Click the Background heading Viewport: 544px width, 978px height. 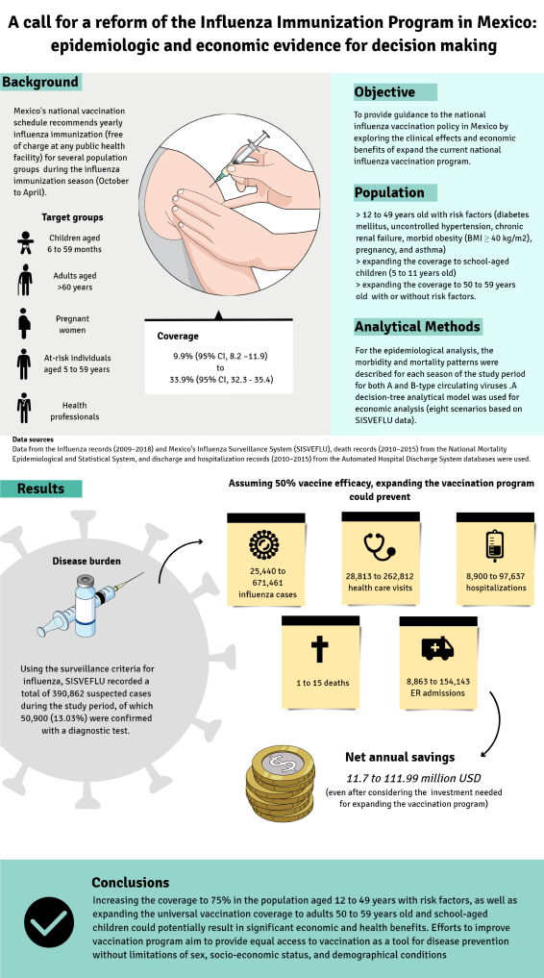pyautogui.click(x=40, y=82)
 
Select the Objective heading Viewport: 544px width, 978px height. pyautogui.click(x=384, y=92)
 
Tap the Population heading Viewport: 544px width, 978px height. pyautogui.click(x=389, y=192)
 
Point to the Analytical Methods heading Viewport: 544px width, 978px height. pyautogui.click(x=417, y=326)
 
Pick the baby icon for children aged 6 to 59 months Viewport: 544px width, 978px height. pyautogui.click(x=25, y=242)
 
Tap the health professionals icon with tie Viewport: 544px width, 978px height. pyautogui.click(x=25, y=408)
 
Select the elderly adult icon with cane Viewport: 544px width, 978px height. pyautogui.click(x=25, y=280)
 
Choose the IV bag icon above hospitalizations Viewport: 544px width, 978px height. pyautogui.click(x=495, y=545)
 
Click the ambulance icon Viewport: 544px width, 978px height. pyautogui.click(x=437, y=649)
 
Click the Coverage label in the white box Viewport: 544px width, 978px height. pyautogui.click(x=178, y=337)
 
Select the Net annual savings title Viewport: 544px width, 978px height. pyautogui.click(x=400, y=758)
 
